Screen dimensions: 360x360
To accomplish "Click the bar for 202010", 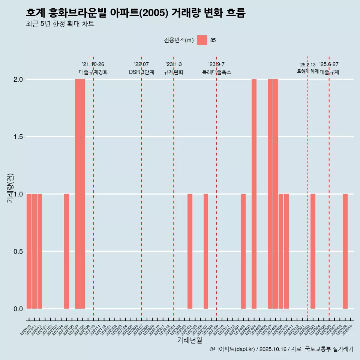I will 29,251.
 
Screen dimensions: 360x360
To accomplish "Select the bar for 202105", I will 66,251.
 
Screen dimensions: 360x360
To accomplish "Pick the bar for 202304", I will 190,251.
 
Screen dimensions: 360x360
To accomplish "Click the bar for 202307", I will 206,251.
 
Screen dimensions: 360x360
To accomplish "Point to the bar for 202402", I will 243,251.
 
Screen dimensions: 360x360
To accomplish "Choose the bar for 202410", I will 286,251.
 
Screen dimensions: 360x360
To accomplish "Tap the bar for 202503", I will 313,251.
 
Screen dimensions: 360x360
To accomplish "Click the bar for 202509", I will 345,251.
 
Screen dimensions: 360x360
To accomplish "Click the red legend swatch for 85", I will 202,40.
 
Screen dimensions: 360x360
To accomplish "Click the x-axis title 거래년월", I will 189,340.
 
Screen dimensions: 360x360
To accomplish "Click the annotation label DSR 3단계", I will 141,72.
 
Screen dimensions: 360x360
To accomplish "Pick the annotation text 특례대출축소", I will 216,72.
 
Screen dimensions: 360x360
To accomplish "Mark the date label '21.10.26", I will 93,64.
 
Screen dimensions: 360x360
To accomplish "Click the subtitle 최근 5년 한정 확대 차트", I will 60,24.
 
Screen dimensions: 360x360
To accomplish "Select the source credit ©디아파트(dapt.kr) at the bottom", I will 232,349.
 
